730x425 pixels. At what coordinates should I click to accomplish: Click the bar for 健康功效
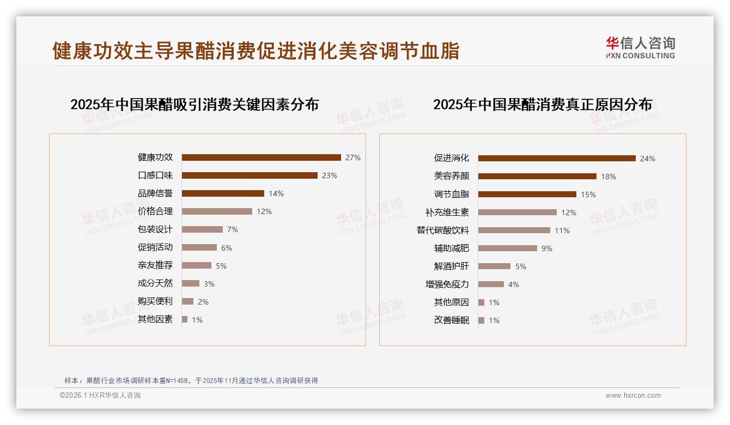click(261, 157)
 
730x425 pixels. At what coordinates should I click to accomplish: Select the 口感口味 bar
click(250, 175)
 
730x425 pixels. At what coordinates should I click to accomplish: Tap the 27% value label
click(353, 158)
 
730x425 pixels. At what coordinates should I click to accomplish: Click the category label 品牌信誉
click(155, 193)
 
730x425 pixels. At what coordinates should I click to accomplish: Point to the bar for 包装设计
click(202, 229)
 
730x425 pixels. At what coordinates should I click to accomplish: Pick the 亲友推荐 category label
click(155, 265)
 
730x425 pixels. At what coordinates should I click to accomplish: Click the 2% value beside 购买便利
click(203, 302)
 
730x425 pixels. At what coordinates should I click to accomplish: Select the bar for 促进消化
click(557, 159)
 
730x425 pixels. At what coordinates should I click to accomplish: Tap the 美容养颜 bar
click(537, 177)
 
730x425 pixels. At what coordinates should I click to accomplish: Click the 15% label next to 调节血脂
click(588, 195)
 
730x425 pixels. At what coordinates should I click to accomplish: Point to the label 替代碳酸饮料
click(443, 230)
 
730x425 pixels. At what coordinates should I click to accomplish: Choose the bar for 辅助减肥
click(507, 248)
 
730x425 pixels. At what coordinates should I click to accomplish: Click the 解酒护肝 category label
click(452, 266)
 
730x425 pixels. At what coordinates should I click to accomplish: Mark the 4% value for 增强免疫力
click(514, 284)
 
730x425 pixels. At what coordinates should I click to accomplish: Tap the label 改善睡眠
click(452, 320)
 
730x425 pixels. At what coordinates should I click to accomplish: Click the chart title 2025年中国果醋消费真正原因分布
click(543, 104)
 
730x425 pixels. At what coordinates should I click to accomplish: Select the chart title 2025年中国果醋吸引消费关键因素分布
click(194, 104)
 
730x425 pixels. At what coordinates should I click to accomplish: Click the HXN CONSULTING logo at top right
click(640, 48)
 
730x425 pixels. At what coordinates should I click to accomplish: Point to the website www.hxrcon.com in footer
click(633, 396)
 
